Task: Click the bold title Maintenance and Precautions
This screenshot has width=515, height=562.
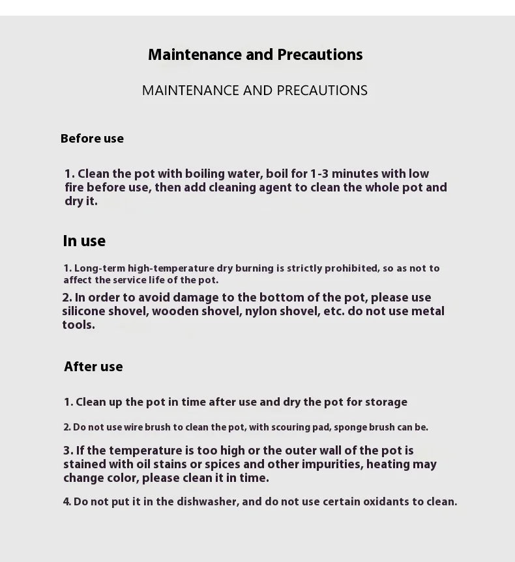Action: tap(255, 55)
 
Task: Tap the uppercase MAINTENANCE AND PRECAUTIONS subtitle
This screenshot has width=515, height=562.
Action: tap(255, 91)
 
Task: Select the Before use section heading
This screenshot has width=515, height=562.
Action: tap(92, 139)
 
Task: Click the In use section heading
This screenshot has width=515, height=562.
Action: tap(84, 241)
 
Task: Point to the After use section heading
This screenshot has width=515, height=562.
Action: tap(93, 367)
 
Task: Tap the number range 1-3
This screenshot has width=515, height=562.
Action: tap(319, 174)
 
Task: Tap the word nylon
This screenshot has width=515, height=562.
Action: tap(260, 311)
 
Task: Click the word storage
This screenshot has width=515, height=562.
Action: tap(386, 402)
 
